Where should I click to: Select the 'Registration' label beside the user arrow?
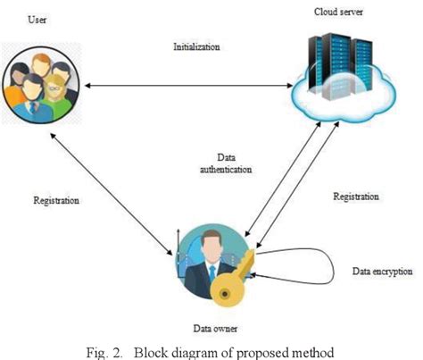point(56,201)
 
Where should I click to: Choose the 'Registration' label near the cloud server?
point(356,196)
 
